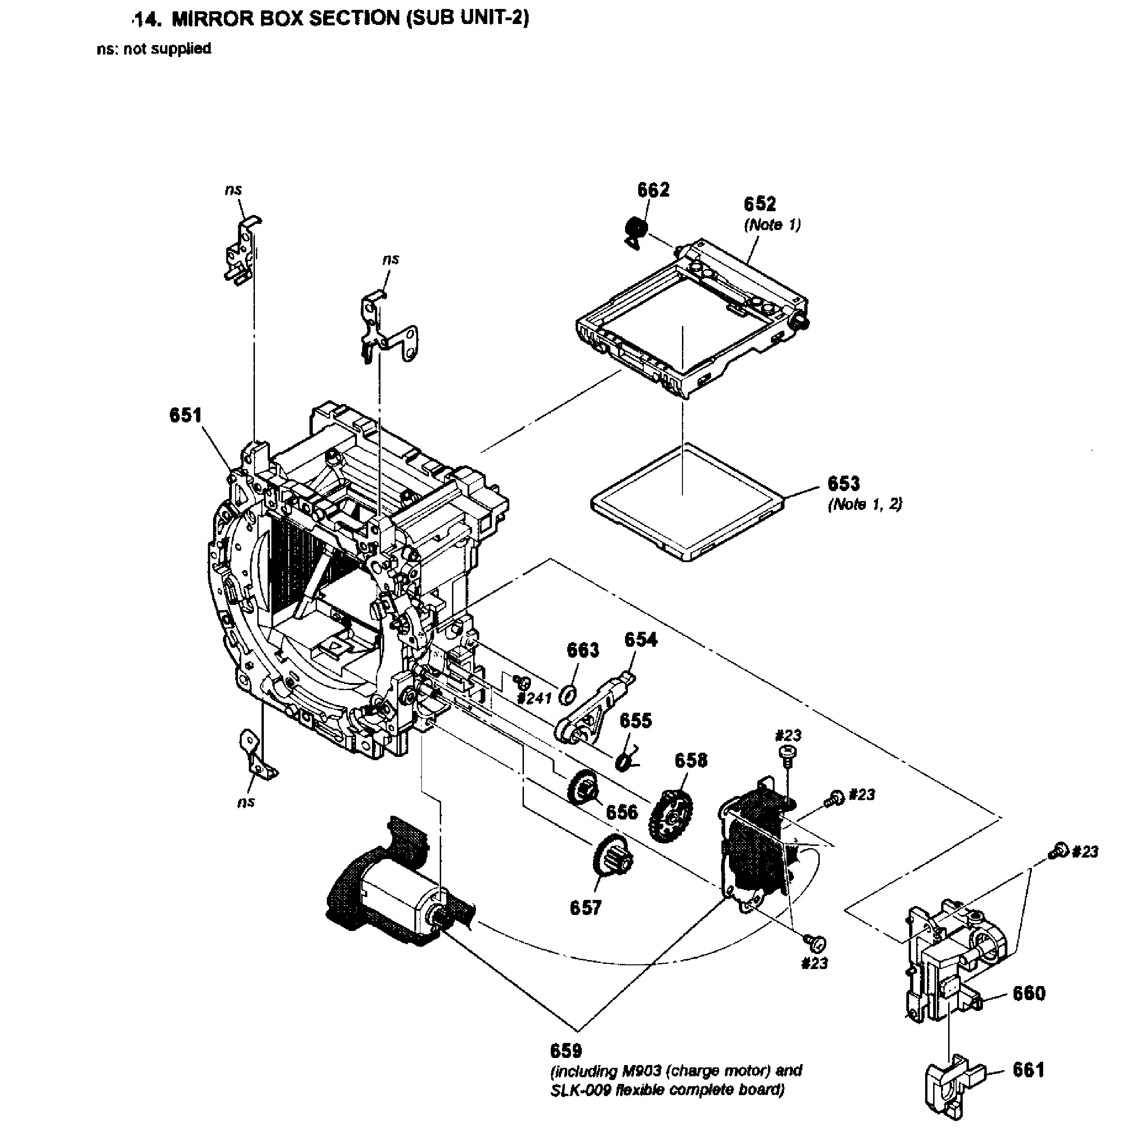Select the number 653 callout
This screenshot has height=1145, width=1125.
[843, 484]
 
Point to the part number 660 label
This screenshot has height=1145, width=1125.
[1029, 994]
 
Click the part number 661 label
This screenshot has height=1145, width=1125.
[1028, 1070]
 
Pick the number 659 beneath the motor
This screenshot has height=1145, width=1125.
[565, 1051]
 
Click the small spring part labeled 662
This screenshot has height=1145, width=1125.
[636, 230]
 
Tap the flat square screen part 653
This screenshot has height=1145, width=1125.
[685, 502]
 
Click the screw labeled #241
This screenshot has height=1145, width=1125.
[522, 682]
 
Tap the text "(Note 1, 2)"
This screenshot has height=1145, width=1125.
[865, 504]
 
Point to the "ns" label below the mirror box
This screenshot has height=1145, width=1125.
[246, 802]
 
